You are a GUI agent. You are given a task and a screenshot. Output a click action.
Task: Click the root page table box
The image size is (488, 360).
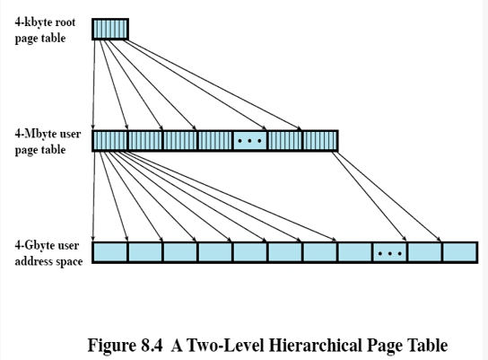tap(110, 30)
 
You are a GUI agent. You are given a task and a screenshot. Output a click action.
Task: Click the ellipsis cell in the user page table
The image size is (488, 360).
tap(249, 141)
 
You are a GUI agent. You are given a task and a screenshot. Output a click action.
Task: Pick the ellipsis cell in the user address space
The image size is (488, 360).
tap(389, 252)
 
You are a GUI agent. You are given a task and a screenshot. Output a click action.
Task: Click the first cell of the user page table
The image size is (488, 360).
tap(109, 141)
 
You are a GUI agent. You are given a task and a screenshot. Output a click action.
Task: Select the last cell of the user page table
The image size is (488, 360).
tap(320, 141)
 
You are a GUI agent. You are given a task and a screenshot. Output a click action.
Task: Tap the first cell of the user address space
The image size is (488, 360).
tap(109, 252)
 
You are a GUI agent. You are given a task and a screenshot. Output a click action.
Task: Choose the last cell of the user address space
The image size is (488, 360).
tap(459, 252)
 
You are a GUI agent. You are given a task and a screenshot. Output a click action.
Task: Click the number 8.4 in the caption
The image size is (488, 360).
tap(152, 345)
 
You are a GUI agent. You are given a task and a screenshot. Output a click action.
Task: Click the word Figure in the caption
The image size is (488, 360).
tap(112, 346)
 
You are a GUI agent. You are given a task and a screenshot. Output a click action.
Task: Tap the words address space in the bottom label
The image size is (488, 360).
tap(48, 261)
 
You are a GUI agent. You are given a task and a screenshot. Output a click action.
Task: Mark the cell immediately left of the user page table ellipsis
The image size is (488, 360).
tap(215, 141)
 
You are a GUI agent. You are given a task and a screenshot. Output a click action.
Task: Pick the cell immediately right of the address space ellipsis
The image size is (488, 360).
tap(424, 252)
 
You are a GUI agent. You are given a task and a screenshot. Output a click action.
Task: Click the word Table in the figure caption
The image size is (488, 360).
tap(430, 345)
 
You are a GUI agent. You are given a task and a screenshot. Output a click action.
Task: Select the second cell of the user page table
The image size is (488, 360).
tap(145, 141)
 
